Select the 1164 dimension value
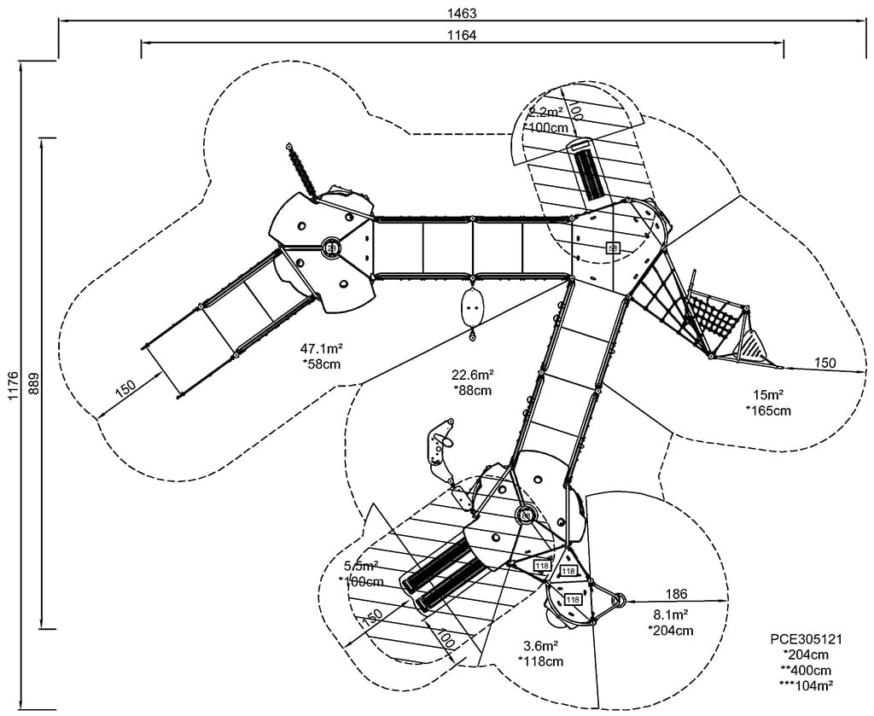point(461,35)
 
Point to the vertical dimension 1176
point(11,387)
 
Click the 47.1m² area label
point(321,348)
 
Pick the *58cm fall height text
point(321,364)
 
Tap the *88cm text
point(473,390)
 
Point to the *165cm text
point(768,410)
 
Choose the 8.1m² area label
point(671,614)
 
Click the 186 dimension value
point(675,594)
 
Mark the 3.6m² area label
point(540,645)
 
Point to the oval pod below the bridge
point(471,307)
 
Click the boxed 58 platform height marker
point(612,247)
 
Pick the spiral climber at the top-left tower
point(301,169)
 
